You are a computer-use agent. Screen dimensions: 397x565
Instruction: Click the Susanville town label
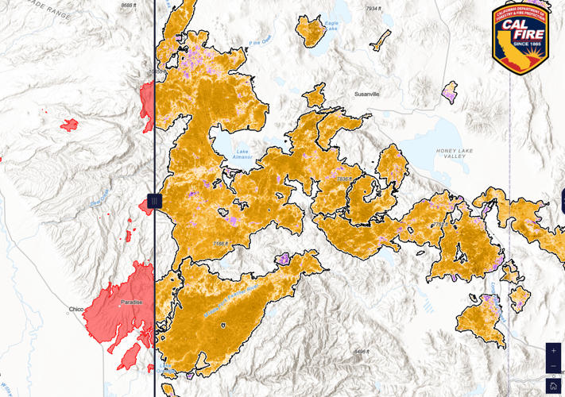tap(366, 94)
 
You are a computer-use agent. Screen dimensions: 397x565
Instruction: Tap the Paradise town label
tap(132, 303)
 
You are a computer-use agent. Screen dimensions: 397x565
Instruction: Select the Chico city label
tap(76, 309)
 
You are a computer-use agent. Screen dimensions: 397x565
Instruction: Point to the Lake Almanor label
tap(242, 154)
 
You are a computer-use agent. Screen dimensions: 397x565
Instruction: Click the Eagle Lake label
tap(331, 25)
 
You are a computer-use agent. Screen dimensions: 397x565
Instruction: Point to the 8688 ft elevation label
tap(129, 6)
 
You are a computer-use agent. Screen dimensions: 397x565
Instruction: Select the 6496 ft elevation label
tap(362, 351)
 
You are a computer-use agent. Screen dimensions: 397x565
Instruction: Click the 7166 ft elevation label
tap(220, 243)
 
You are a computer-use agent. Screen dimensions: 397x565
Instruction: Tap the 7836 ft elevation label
tap(343, 179)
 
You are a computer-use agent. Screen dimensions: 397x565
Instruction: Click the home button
tap(553, 387)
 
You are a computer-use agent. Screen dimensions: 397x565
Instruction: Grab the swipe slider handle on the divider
tap(154, 201)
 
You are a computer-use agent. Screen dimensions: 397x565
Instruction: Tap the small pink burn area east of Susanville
tap(450, 92)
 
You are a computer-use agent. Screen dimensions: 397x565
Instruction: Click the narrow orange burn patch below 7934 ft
tap(381, 40)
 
